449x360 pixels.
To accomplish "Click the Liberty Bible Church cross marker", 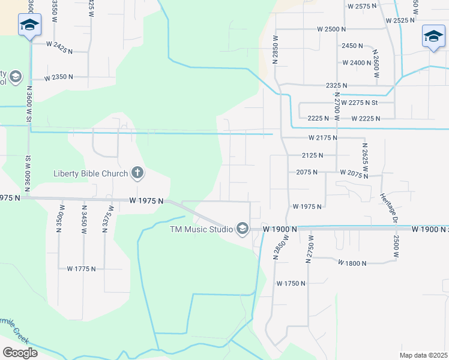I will [137, 174].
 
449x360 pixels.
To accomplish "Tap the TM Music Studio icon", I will [243, 229].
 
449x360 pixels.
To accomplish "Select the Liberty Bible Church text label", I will [91, 174].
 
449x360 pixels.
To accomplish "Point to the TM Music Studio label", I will [202, 229].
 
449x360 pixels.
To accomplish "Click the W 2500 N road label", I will [333, 29].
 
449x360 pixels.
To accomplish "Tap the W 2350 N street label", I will [58, 77].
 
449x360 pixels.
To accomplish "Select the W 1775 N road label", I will [81, 269].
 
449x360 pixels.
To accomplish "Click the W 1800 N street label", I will [352, 263].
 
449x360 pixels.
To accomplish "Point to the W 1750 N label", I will [291, 283].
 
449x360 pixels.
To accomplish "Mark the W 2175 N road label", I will [323, 138].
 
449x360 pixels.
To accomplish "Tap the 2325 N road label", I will [337, 86].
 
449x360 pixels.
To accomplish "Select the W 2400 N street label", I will [357, 62].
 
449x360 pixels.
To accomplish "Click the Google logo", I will [20, 352].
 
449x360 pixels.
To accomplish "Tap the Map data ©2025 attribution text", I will [423, 355].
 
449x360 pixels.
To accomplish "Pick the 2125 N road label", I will [313, 155].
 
